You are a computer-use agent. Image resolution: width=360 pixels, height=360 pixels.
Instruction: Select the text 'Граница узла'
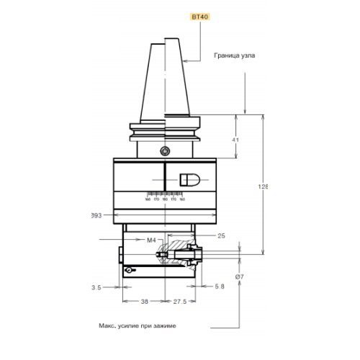[x=234, y=55]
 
